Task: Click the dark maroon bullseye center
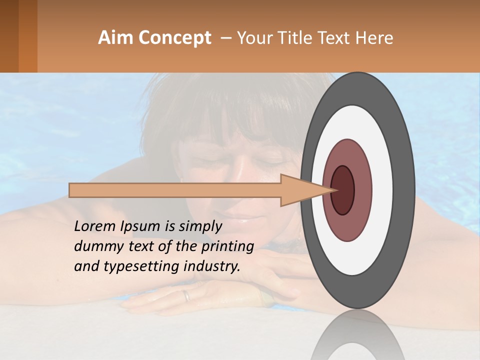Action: click(x=343, y=190)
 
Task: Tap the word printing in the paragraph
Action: click(x=227, y=246)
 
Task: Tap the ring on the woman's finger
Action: click(x=187, y=295)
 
